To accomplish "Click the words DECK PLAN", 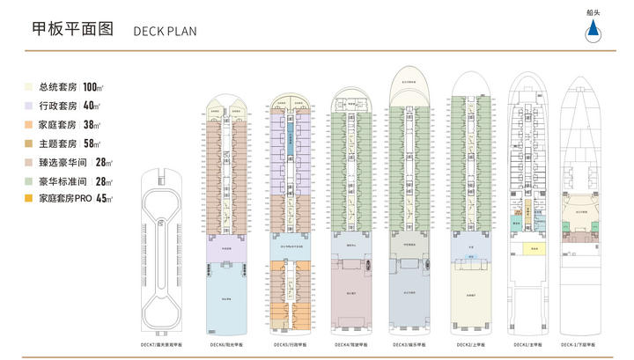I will click(165, 31).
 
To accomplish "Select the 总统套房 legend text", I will click(58, 87).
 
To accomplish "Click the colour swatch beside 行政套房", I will click(30, 106).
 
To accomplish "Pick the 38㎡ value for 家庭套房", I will click(92, 124).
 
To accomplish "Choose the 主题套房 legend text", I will click(58, 143).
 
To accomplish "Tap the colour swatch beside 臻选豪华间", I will click(30, 162).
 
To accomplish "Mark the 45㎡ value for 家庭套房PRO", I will click(102, 199).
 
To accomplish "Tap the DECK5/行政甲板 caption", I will click(291, 344).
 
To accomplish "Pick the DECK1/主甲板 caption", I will click(526, 344).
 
